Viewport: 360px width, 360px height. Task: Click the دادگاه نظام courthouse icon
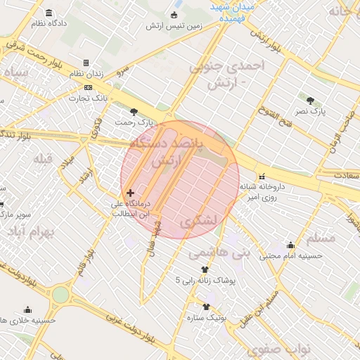coord(49,13)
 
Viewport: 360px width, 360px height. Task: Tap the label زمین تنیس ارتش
coord(174,26)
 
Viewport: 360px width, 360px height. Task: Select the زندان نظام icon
coord(86,63)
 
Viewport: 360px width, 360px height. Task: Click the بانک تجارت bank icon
coord(88,87)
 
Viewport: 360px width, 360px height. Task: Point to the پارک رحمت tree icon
coord(134,111)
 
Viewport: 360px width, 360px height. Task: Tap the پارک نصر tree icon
coord(310,101)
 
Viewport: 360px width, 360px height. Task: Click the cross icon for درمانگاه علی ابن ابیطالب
coord(130,192)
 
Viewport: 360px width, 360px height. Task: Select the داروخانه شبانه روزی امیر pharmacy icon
coord(262,176)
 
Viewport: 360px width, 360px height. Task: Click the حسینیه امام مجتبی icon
coord(291,245)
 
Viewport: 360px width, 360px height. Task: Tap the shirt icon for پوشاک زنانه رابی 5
coord(205,269)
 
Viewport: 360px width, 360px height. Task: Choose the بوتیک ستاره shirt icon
coord(206,307)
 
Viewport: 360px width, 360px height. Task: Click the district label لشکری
coord(195,221)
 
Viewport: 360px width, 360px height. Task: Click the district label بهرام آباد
coord(31,231)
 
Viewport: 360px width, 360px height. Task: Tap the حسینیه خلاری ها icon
coord(28,309)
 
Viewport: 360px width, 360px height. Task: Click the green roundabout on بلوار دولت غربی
coord(60,294)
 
